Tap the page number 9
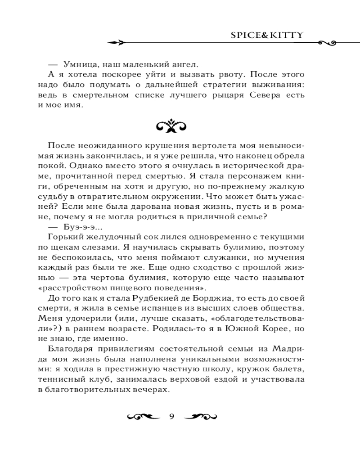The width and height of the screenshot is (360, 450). [171, 415]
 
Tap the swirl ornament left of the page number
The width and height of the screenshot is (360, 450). [144, 415]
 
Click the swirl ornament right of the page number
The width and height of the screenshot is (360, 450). [200, 415]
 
